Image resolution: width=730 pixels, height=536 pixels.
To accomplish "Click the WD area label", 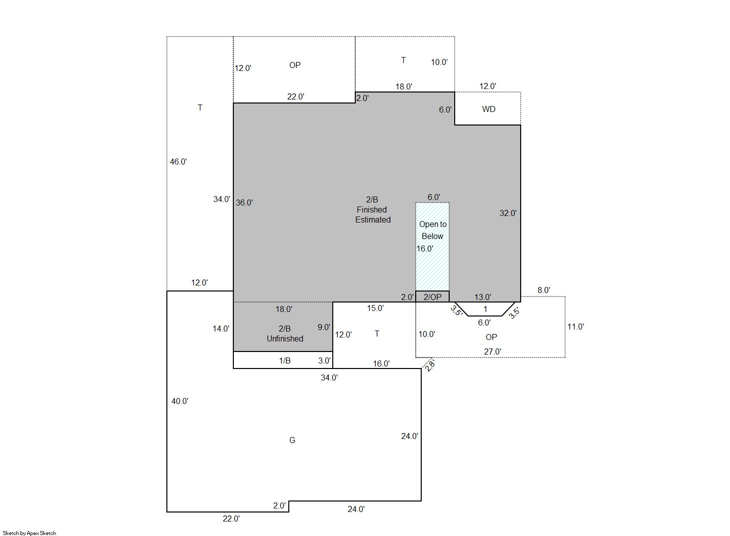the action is pyautogui.click(x=489, y=109).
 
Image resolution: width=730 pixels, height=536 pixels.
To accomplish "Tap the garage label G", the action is pyautogui.click(x=292, y=440).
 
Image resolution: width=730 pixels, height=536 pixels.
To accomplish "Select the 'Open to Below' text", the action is pyautogui.click(x=433, y=230).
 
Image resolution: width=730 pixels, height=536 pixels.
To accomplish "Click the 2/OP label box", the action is pyautogui.click(x=433, y=296).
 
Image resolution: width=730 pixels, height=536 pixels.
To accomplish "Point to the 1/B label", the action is pyautogui.click(x=285, y=360).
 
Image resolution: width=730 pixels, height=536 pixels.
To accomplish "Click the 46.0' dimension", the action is pyautogui.click(x=178, y=161).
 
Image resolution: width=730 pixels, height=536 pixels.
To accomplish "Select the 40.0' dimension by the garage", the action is pyautogui.click(x=180, y=401).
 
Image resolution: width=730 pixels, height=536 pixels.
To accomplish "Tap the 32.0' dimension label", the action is pyautogui.click(x=508, y=213).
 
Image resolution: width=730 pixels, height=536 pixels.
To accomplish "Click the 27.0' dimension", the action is pyautogui.click(x=493, y=352).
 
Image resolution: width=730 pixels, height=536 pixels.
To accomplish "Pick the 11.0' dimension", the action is pyautogui.click(x=576, y=326).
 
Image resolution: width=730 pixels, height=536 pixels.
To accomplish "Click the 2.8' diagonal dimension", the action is pyautogui.click(x=430, y=365).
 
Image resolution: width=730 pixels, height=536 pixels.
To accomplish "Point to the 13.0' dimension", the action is pyautogui.click(x=483, y=297).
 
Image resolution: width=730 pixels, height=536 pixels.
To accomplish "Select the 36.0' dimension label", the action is pyautogui.click(x=244, y=203).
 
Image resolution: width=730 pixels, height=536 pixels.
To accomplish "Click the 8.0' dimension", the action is pyautogui.click(x=544, y=290).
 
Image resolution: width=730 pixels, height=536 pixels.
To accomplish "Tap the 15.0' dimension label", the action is pyautogui.click(x=375, y=308).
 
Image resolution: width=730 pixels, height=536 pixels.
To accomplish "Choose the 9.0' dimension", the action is pyautogui.click(x=324, y=327).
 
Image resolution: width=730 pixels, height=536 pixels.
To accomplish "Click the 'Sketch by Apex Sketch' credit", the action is pyautogui.click(x=29, y=533).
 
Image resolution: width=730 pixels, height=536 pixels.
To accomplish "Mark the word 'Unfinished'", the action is pyautogui.click(x=285, y=338).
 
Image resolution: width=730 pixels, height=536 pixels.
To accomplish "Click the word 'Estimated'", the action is pyautogui.click(x=373, y=219).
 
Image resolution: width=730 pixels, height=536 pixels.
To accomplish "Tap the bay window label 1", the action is pyautogui.click(x=485, y=309).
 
